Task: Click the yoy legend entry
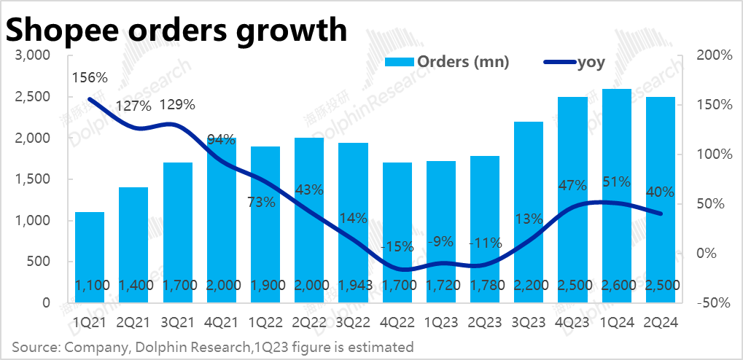coord(576,63)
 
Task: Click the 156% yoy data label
coord(90,77)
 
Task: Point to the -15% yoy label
coord(397,246)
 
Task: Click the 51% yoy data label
coord(617,183)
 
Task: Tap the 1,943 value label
coord(353,284)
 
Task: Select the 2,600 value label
coord(617,284)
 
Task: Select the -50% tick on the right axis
coord(713,302)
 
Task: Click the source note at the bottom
coord(213,346)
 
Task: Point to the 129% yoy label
coord(177,105)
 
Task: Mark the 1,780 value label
coord(485,284)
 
